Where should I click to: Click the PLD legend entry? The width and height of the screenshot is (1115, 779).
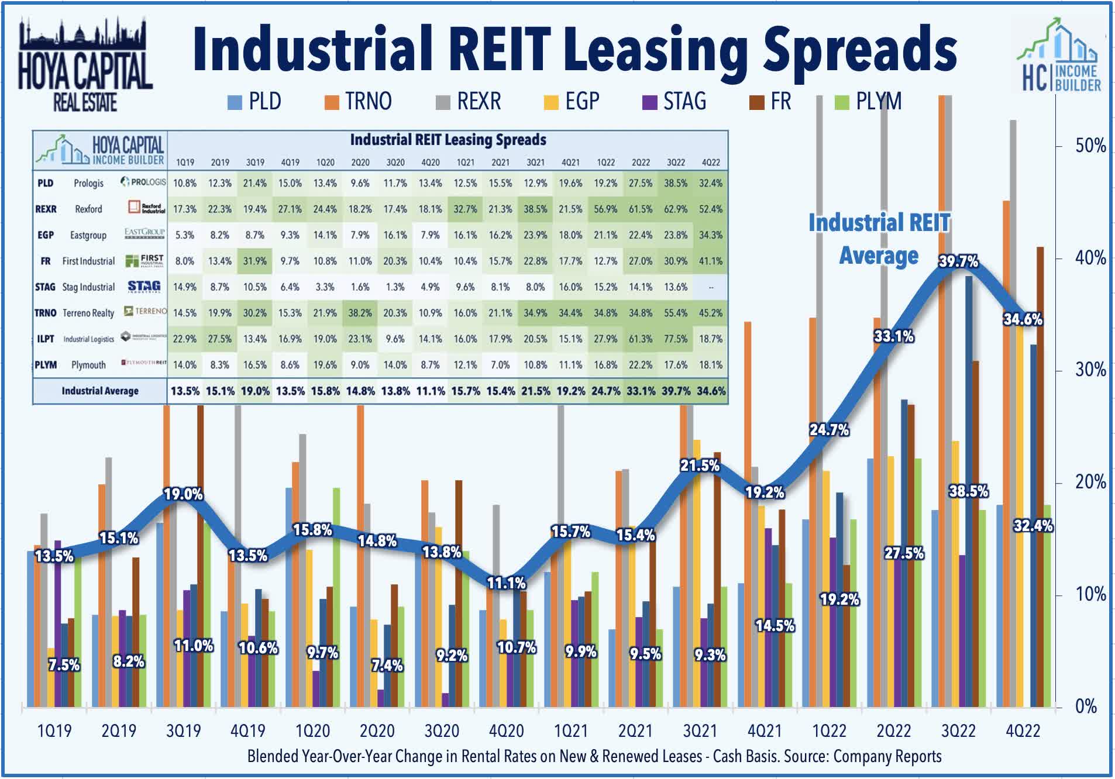[x=255, y=102]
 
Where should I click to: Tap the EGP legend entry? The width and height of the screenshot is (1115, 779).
[x=572, y=102]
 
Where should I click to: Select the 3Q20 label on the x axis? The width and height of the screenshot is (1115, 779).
[x=442, y=730]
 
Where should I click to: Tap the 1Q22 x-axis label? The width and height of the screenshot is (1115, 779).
[x=829, y=730]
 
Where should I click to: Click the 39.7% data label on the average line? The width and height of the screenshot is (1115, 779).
[x=958, y=261]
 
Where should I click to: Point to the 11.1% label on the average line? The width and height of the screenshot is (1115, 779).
[x=507, y=582]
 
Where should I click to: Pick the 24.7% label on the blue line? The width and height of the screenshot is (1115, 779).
[x=829, y=430]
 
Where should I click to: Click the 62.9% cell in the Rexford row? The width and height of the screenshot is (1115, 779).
[x=676, y=209]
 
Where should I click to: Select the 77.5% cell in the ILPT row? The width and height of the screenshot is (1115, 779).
[x=676, y=339]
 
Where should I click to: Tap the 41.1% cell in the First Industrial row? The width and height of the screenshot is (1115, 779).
[x=711, y=261]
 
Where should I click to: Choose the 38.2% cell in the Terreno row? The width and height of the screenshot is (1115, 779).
[x=360, y=313]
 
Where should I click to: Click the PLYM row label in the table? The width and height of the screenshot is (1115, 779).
[x=46, y=365]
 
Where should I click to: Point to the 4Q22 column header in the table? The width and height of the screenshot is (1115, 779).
[x=711, y=162]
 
